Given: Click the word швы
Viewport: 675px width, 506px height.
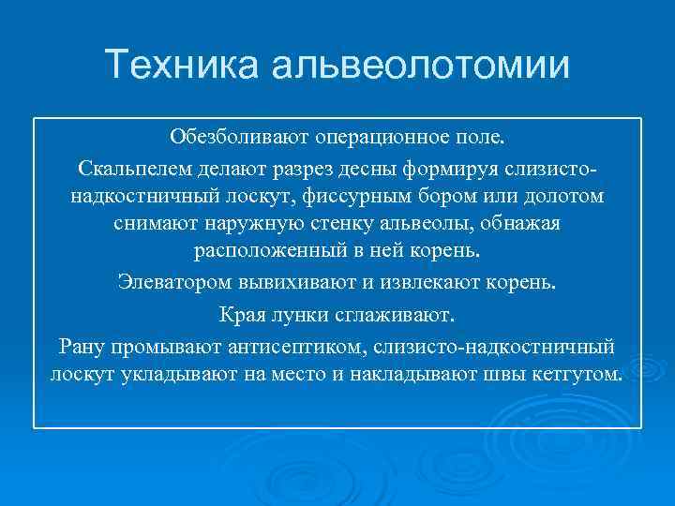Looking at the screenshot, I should tap(508, 375).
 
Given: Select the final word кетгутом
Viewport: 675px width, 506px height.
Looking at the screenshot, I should tap(577, 375).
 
